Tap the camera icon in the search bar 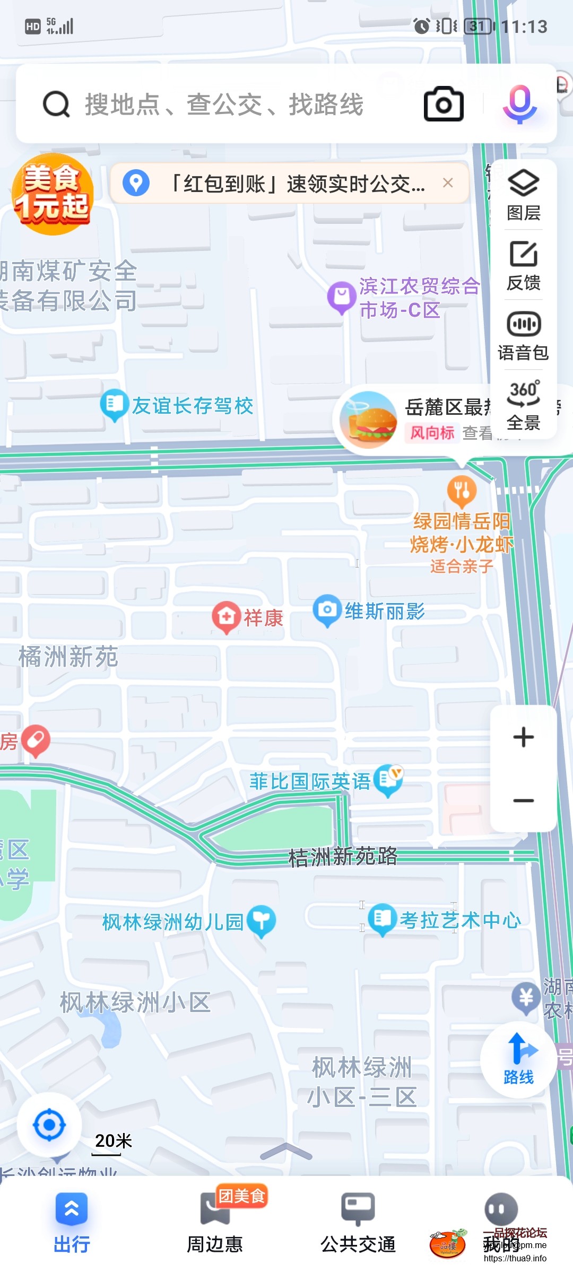[x=444, y=104]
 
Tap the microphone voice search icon [x=520, y=104]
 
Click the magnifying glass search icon [x=56, y=104]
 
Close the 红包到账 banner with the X [x=448, y=183]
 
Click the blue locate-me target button [x=49, y=1124]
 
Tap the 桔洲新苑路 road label [x=343, y=856]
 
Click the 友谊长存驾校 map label [x=192, y=406]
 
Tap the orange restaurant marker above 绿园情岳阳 [x=462, y=491]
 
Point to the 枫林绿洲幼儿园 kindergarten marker [x=262, y=920]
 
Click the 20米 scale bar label [x=113, y=1140]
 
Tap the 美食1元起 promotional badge [x=52, y=194]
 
